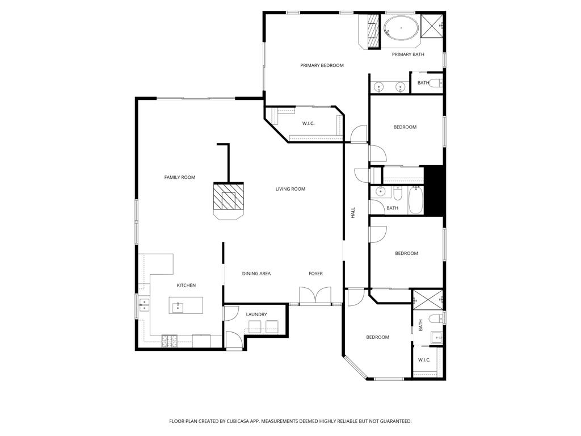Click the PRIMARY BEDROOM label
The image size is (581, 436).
[322, 65]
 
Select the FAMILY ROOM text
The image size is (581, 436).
[179, 177]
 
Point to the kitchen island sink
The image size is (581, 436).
[178, 307]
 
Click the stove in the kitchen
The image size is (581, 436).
[169, 341]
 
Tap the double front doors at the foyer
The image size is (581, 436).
[315, 296]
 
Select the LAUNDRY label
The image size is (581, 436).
[256, 314]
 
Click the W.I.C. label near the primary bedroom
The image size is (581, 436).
[308, 123]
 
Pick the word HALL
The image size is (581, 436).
[352, 213]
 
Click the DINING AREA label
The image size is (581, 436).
[256, 274]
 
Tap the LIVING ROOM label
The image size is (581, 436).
[290, 189]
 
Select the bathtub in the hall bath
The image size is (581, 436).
[416, 200]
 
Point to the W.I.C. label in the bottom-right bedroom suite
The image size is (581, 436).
[424, 360]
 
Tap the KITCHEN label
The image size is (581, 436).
[186, 285]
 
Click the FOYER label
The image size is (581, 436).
[315, 274]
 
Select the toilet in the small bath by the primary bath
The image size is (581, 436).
[435, 83]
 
